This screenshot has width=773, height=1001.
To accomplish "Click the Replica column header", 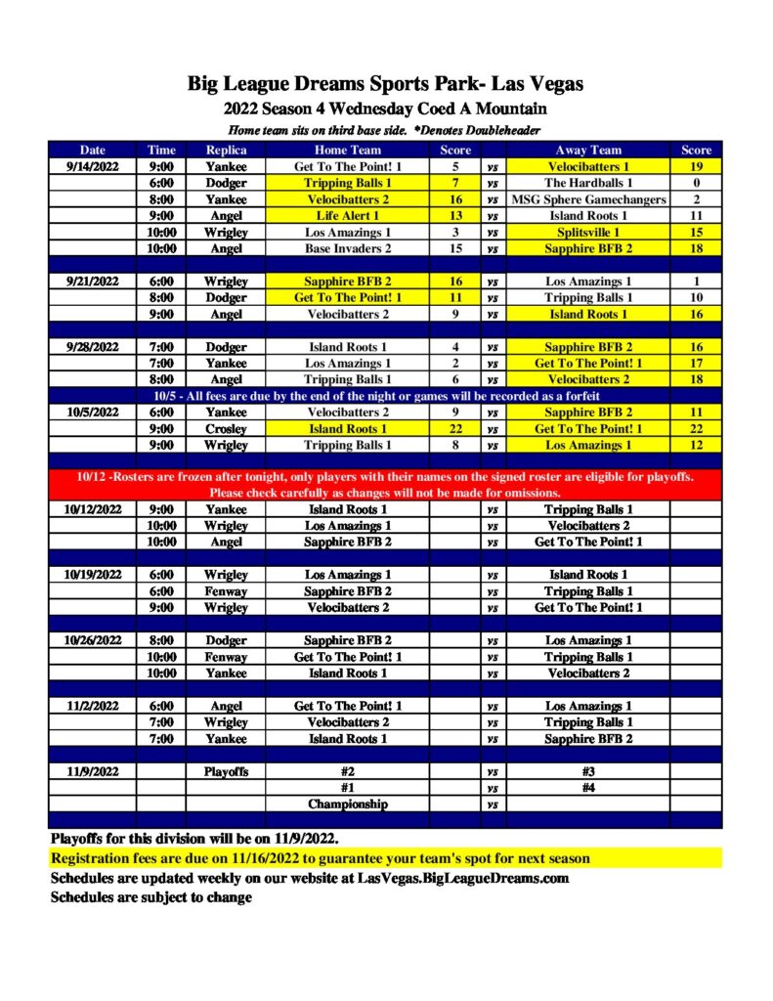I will [226, 151].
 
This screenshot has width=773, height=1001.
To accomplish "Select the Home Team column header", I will [347, 151].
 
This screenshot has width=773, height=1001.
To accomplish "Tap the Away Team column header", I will [587, 151].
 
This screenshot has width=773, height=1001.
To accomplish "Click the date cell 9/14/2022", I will [92, 167].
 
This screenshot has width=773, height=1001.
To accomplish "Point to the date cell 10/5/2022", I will [92, 413].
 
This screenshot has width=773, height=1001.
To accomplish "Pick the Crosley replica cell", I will [226, 429].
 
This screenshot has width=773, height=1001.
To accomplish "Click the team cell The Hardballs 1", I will [587, 183].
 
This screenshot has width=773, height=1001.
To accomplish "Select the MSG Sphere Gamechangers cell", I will [587, 199].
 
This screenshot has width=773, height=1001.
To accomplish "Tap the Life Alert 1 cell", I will [347, 216].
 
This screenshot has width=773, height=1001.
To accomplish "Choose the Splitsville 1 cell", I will [587, 233].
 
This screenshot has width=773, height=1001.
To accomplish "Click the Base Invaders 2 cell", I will [347, 249].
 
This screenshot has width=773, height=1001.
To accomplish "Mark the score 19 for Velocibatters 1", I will [696, 167].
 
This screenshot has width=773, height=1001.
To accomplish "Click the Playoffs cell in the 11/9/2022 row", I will [226, 771].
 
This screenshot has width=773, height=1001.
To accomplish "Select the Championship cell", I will [347, 805].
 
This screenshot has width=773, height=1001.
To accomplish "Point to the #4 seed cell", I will [587, 788].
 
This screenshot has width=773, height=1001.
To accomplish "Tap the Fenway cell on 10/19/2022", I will [226, 591].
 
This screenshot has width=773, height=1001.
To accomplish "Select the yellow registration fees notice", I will [321, 859].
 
